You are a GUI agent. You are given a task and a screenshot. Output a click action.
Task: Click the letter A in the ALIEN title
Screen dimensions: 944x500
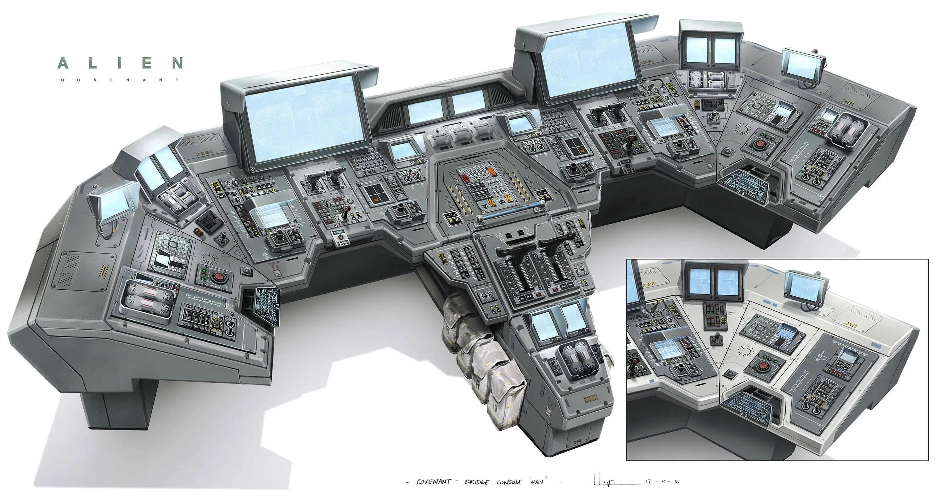pos(63,63)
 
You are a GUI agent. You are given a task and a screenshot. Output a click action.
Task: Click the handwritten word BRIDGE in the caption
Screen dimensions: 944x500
pos(476,482)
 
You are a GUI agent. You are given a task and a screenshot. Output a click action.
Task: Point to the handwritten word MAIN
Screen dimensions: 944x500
pos(537,482)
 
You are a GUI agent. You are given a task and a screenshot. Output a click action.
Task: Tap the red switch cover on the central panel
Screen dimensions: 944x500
pos(465,178)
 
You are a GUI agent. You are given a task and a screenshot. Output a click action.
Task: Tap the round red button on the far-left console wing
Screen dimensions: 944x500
pos(218,277)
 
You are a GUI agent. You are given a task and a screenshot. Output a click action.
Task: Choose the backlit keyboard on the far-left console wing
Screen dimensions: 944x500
pos(267,302)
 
